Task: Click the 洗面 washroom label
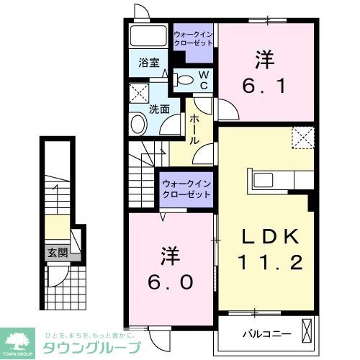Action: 159,109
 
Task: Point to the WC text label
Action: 204,80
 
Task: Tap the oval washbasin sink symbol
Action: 137,125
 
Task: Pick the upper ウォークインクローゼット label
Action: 192,38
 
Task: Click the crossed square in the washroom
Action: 138,93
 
